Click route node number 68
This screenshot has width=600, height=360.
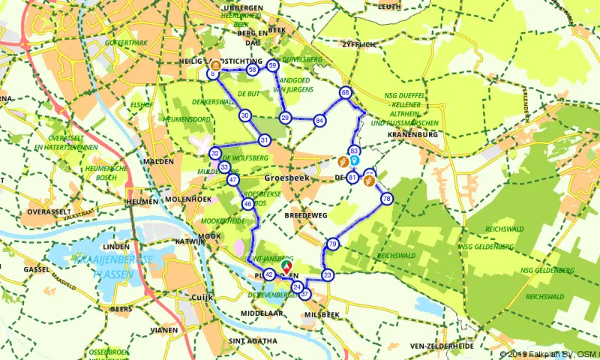click(345, 92)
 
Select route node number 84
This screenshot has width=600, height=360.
click(319, 121)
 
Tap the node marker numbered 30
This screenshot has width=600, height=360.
click(245, 115)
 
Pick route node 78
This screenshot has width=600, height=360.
click(386, 199)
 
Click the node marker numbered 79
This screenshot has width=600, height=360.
click(333, 244)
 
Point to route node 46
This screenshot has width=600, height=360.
click(247, 204)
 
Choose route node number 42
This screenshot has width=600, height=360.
click(269, 274)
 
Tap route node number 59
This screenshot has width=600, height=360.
click(272, 65)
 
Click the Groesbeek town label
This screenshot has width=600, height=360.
click(285, 178)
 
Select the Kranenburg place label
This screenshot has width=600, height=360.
click(412, 134)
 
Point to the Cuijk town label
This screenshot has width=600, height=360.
click(203, 298)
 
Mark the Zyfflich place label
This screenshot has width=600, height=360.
click(356, 44)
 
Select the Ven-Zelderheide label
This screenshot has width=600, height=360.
click(442, 346)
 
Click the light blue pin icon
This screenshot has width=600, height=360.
click(353, 160)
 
